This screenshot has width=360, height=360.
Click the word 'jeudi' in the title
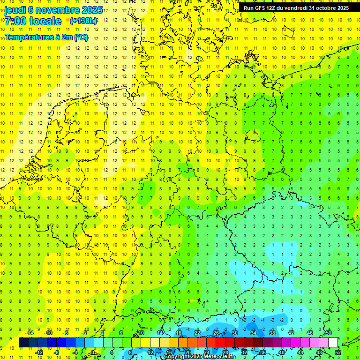click(x=15, y=10)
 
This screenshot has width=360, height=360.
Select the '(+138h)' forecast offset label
click(x=83, y=21)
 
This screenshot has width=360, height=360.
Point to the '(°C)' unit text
click(x=81, y=37)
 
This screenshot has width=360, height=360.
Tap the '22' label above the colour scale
click(x=197, y=333)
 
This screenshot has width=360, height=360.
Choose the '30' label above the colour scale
click(x=235, y=333)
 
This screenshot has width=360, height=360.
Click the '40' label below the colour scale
click(x=282, y=352)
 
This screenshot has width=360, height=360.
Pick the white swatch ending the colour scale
click(x=333, y=343)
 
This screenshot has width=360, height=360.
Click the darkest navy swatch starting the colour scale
click(x=24, y=343)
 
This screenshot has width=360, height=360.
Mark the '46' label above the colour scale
click(x=310, y=333)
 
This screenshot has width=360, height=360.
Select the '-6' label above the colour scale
click(x=67, y=333)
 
